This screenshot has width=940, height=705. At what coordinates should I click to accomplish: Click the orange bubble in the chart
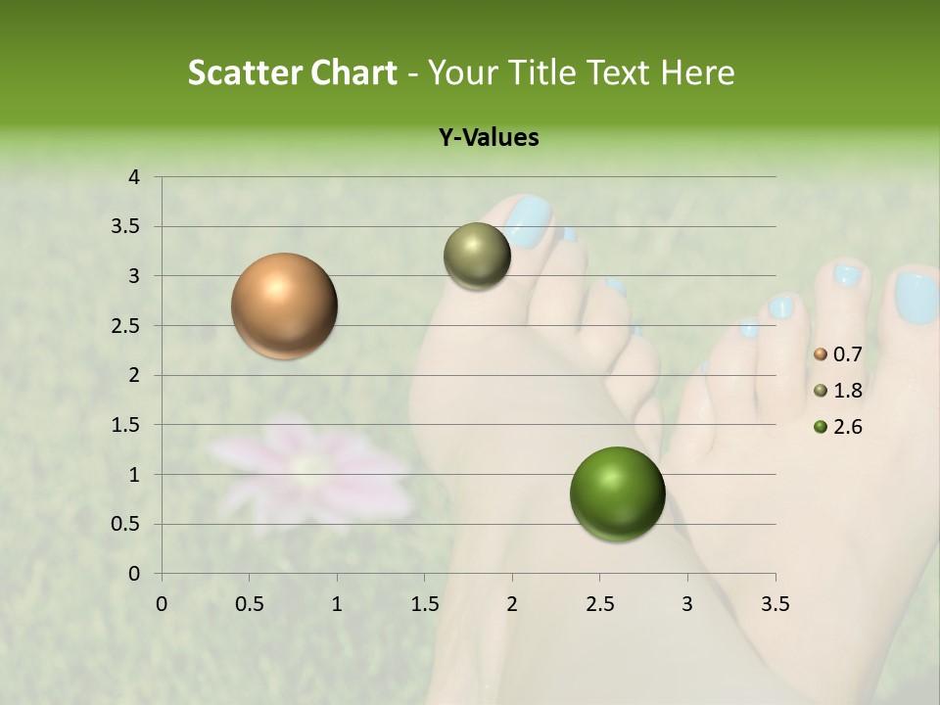coord(285,305)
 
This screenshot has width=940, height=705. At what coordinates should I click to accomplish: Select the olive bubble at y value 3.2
coord(477,256)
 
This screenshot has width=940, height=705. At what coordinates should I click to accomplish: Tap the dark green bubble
coord(617,493)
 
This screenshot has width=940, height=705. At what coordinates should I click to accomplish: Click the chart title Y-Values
coord(488,138)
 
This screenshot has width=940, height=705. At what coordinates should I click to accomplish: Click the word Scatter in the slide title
coord(244,72)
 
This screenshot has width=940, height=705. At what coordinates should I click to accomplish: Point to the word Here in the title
coord(697,72)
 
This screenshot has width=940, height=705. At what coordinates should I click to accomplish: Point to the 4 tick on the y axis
coord(135,177)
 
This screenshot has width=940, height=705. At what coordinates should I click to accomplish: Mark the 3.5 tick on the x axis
coord(775,603)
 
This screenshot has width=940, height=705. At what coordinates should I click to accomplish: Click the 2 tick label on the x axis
coord(512,603)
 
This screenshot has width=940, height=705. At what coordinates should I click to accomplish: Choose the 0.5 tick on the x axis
coord(249,603)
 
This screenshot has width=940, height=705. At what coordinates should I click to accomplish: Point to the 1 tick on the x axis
coord(337,603)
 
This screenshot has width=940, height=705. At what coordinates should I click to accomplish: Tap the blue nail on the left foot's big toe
coord(529,222)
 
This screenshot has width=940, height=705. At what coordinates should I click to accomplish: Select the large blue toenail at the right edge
coord(916,298)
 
